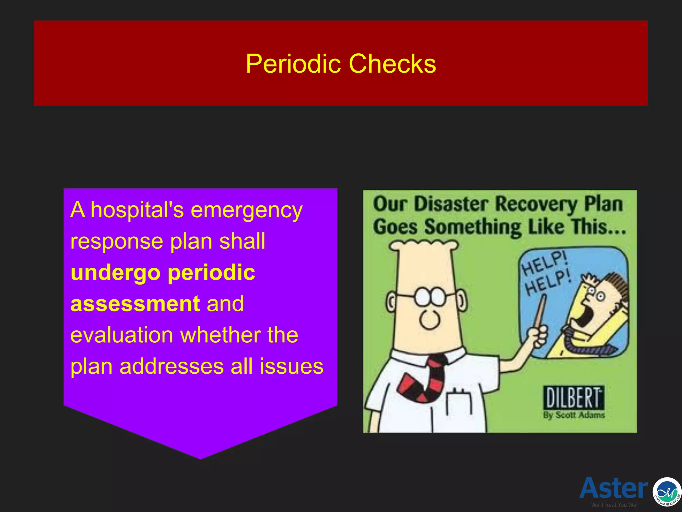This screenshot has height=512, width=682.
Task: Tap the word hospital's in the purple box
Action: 137,210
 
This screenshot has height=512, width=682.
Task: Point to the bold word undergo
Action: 116,273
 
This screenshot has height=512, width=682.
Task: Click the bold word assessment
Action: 135,304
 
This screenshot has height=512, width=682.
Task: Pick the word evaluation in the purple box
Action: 122,335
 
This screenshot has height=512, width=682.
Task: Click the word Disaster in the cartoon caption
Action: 451,204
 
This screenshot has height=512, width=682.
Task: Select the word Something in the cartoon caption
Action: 473,227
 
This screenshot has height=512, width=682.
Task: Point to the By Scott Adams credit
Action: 573,415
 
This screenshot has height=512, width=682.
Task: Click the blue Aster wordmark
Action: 614,488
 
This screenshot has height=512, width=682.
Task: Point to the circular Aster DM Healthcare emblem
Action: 667,492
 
